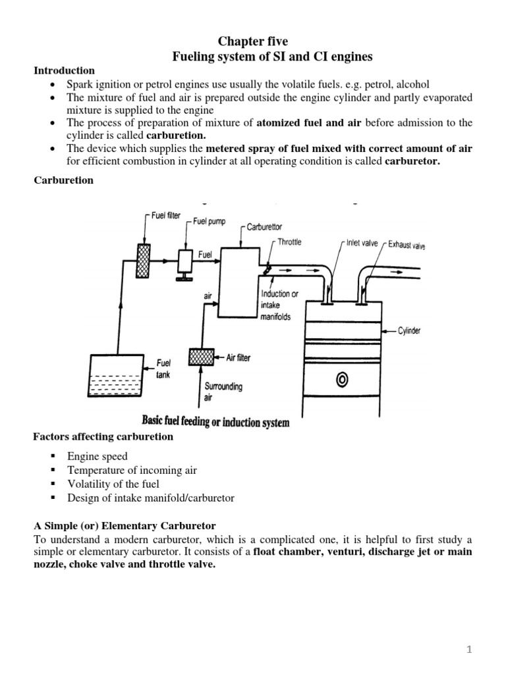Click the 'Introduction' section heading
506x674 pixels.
(x=64, y=70)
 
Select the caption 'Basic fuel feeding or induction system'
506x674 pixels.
(x=215, y=422)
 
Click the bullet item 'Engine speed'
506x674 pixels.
(x=97, y=456)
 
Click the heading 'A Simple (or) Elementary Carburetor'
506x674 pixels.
(x=125, y=526)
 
